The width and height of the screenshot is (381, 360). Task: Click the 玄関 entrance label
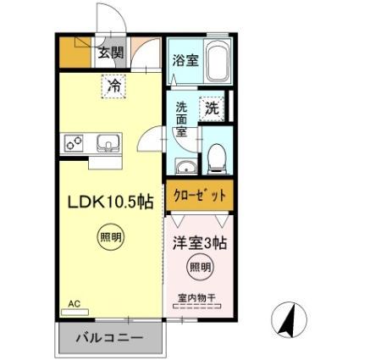point(109,53)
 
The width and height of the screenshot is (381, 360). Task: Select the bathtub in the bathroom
point(218,60)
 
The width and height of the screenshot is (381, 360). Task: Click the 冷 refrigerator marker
point(113,86)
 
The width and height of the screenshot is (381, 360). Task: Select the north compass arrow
point(288,319)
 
